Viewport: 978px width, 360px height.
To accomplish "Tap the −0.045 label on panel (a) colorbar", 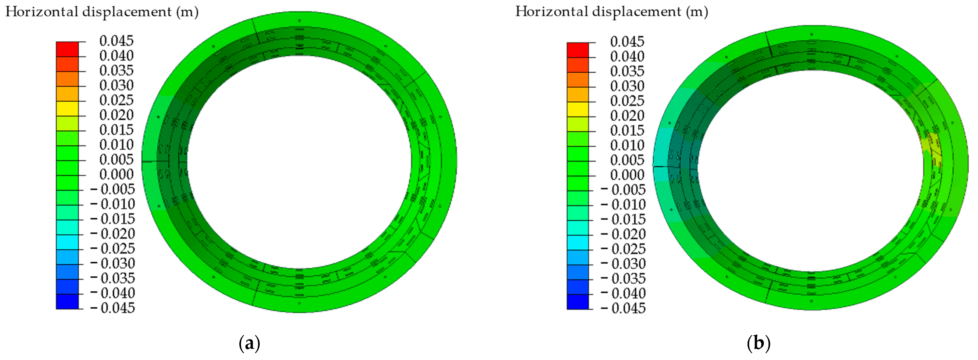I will point(113,308).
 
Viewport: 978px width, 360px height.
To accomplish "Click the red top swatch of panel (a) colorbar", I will point(67,49).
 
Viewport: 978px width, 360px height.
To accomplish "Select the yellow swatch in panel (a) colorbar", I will point(67,109).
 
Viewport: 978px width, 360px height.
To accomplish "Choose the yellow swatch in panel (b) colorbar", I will point(578,109).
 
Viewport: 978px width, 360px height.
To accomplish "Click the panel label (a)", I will point(249,344).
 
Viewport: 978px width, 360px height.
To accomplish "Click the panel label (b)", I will point(758,344).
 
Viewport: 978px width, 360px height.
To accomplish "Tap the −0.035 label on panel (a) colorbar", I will point(113,278).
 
